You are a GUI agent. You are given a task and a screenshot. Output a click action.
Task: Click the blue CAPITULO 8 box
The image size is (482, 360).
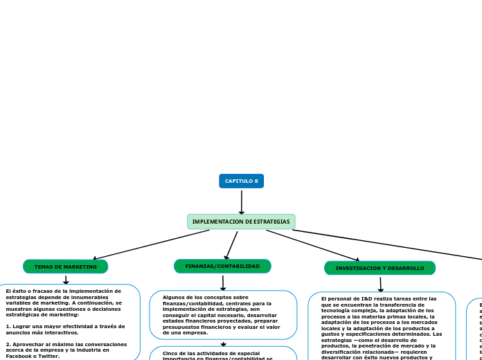click(x=241, y=181)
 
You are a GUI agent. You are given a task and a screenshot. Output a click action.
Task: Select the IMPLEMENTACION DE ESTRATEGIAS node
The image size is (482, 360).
click(x=241, y=222)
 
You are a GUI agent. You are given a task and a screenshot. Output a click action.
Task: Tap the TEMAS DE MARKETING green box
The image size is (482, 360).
click(x=66, y=267)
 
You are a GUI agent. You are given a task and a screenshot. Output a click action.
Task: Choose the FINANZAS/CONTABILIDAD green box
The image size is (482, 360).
click(x=222, y=266)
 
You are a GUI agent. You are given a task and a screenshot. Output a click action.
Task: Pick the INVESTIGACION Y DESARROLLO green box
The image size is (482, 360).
click(x=380, y=268)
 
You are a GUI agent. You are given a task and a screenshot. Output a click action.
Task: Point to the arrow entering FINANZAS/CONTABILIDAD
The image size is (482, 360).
click(x=231, y=245)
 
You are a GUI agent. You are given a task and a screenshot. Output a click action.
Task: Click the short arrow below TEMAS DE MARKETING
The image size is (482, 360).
click(x=66, y=279)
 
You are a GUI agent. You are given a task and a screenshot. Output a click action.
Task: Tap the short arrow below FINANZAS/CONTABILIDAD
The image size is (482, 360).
click(x=223, y=282)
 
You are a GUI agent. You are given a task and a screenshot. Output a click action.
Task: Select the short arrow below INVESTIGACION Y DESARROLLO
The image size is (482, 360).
click(x=380, y=284)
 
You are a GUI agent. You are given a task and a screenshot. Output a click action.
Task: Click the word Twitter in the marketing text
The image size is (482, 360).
click(x=48, y=356)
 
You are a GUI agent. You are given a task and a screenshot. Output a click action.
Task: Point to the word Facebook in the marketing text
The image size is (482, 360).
click(x=20, y=356)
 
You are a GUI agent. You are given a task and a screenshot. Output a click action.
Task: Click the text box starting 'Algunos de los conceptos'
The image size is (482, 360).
click(x=223, y=315)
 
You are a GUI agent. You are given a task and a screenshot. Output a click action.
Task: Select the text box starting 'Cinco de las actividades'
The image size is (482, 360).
click(x=223, y=354)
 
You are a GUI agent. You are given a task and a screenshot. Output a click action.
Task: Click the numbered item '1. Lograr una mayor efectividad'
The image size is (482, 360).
click(x=65, y=329)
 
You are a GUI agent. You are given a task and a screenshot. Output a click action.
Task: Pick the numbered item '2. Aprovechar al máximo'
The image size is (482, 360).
click(x=66, y=347)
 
